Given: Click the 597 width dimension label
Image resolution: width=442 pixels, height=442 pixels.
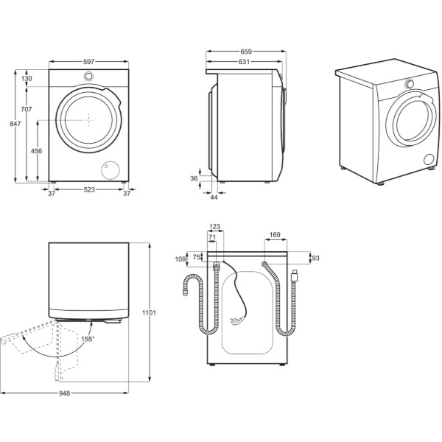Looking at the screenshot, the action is pos(89,61).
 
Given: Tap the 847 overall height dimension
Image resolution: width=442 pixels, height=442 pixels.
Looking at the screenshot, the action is pos(15,124).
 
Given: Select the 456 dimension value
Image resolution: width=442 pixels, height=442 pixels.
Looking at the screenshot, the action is pos(36,151).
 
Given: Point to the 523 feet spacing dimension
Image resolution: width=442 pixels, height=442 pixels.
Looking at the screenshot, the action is pos(89,190).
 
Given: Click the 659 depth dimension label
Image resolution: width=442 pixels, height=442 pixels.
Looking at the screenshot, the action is pos(246,52).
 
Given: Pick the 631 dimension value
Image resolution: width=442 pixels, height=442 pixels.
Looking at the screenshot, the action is pos(244,61).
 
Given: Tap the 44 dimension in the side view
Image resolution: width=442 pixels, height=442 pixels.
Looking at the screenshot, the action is pos(214,197).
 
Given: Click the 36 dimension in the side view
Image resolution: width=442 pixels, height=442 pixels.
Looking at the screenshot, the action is pos(194,178).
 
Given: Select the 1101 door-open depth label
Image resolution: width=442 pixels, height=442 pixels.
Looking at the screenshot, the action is pos(149,312).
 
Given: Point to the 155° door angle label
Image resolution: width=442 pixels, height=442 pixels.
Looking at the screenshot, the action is pos(87,339).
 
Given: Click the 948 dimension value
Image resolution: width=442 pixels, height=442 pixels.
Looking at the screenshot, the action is pos(65,393).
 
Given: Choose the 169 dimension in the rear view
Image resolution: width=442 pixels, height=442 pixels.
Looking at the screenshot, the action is pos(275,234).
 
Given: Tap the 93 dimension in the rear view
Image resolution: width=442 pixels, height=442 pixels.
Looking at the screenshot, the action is pos(316,258).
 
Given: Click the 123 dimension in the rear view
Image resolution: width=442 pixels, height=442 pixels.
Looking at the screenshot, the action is pos(215,226).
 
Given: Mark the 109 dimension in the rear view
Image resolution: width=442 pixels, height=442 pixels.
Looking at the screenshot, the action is pos(180,259).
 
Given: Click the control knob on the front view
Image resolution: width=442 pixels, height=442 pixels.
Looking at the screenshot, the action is pos(88,76).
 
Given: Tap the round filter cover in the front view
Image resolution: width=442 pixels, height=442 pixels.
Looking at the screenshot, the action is pos(110,170).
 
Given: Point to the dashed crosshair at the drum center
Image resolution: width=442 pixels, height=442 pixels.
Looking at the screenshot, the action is pos(89,120).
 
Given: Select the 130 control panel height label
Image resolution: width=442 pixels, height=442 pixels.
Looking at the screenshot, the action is pos(27,78).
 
